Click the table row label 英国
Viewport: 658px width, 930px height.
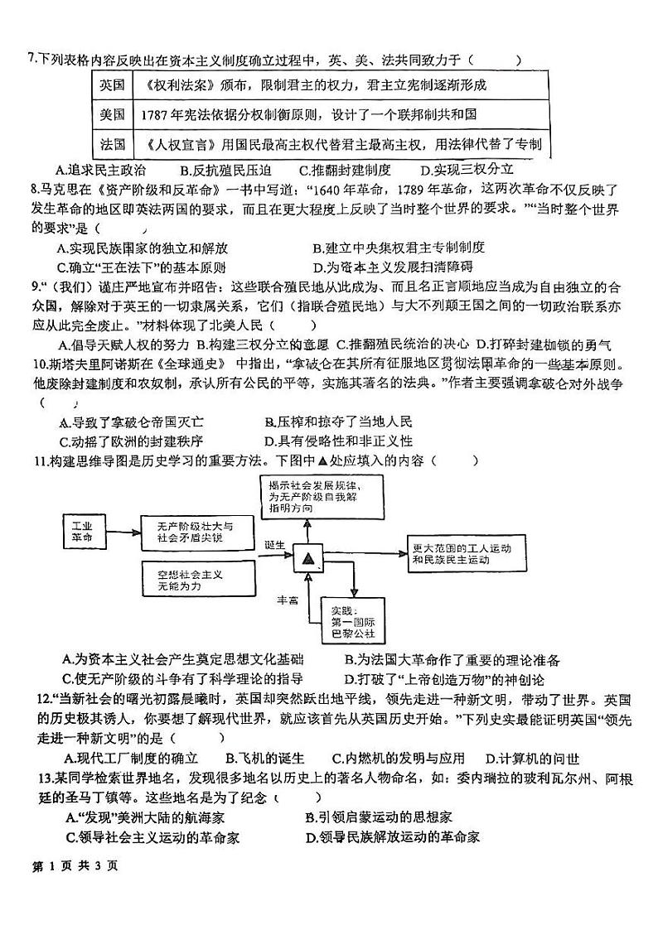point(112,85)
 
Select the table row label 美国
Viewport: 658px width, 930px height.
point(112,114)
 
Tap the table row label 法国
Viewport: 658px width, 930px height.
point(112,144)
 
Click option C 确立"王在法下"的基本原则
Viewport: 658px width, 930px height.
point(141,267)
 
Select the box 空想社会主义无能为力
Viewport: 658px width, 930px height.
point(184,579)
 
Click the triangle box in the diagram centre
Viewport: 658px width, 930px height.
point(308,560)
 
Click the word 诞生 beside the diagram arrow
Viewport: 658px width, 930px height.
point(276,544)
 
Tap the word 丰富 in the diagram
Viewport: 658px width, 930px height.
point(287,600)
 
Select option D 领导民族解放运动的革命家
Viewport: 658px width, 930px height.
point(393,836)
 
